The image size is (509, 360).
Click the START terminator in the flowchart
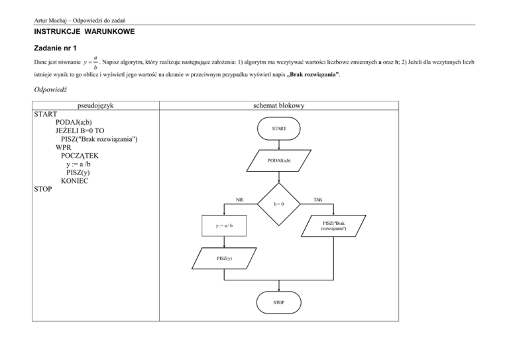278,128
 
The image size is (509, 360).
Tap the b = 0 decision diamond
279,203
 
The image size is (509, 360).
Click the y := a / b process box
224,226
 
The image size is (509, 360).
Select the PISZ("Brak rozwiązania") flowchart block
333,226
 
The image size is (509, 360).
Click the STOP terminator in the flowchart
279,302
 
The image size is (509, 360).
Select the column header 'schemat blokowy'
278,105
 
